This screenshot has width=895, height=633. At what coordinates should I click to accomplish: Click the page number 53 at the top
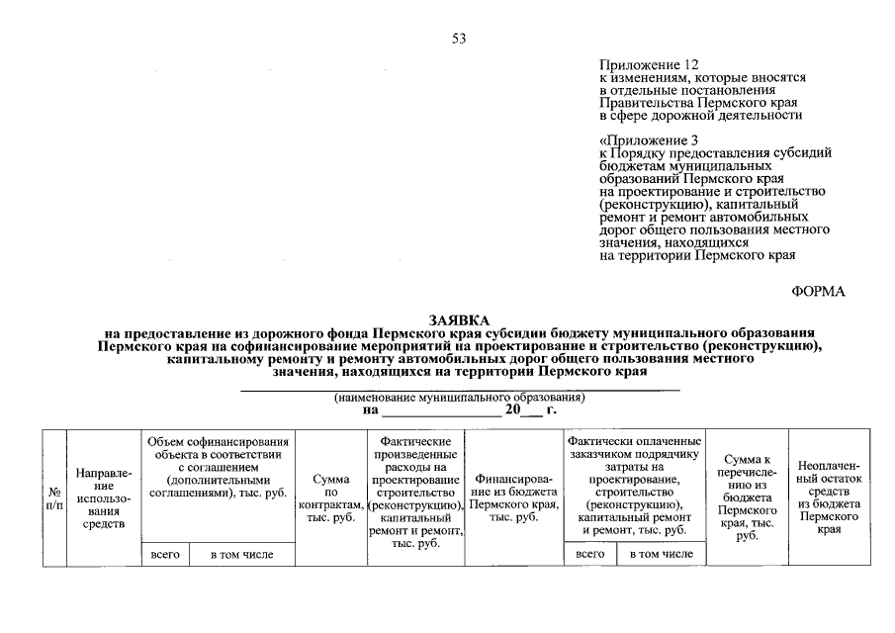point(458,39)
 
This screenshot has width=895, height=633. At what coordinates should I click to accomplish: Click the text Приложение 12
point(648,64)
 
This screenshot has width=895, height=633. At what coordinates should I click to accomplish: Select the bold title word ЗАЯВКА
point(459,320)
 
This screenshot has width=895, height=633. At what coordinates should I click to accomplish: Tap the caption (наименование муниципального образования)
point(459,397)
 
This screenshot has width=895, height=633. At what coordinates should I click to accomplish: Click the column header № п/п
point(53,497)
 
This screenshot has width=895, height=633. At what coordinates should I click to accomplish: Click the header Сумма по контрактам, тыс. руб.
point(331,497)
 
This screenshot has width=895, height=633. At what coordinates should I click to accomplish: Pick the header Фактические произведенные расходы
point(415,492)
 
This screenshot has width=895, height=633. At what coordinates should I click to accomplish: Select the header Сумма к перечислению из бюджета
point(747,497)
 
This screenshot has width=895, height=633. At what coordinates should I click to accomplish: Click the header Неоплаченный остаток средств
point(828,497)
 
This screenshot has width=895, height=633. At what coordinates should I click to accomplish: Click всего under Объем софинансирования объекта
point(164,555)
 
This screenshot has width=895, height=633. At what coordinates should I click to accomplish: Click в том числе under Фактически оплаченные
point(661,554)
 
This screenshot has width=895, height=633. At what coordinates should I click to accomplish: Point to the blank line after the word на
point(442,411)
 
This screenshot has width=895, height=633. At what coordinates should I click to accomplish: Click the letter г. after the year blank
point(552,408)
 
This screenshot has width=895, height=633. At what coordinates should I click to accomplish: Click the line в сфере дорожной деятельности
point(700,115)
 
